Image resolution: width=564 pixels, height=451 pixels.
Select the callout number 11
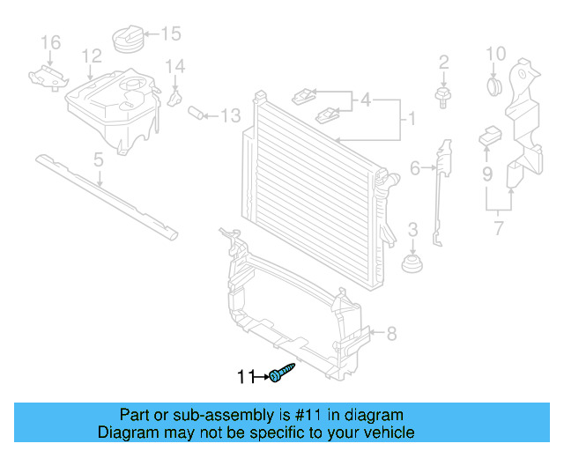point(245,378)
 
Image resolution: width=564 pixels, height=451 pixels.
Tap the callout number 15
point(170,34)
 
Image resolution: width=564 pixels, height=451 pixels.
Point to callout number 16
point(50,41)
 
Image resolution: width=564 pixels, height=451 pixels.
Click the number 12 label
point(92,57)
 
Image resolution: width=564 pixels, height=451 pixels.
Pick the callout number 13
point(229,115)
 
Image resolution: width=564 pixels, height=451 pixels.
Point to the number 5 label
point(98,159)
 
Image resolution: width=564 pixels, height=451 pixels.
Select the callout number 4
point(365,100)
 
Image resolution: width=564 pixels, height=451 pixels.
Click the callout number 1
point(407,116)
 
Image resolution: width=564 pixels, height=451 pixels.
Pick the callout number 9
point(486,174)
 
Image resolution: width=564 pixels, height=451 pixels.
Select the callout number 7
point(500,231)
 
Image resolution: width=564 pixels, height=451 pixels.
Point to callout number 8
point(391,333)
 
